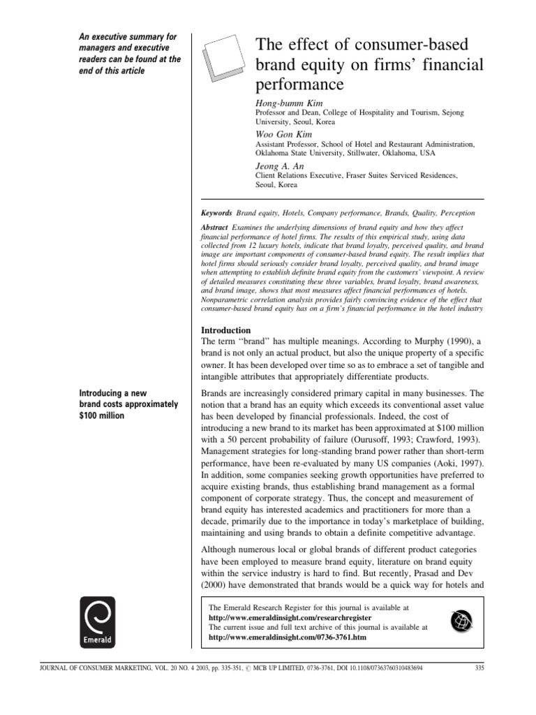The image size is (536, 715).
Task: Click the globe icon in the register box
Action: [x=463, y=617]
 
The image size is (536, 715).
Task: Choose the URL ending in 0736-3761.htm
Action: [x=287, y=637]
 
